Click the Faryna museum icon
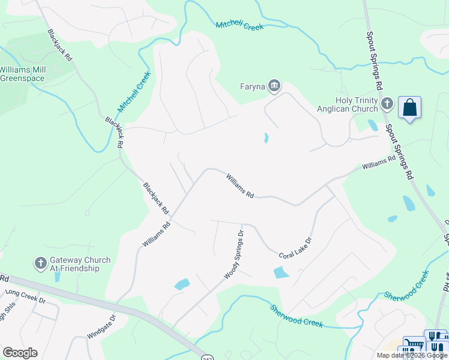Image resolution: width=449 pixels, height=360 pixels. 275,86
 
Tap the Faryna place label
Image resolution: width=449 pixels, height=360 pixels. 252,86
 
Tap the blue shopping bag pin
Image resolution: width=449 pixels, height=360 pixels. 409,108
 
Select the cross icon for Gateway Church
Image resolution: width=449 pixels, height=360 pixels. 40,263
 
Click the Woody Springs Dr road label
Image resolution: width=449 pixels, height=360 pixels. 234,254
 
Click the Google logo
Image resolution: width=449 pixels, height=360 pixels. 20,353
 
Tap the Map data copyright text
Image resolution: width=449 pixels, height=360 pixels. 412,355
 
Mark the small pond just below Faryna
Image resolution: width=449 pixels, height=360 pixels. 266,138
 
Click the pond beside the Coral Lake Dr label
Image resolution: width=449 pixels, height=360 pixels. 281,272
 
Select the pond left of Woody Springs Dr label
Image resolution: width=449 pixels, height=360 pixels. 182,284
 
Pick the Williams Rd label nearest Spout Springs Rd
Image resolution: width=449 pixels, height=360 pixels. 378,163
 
